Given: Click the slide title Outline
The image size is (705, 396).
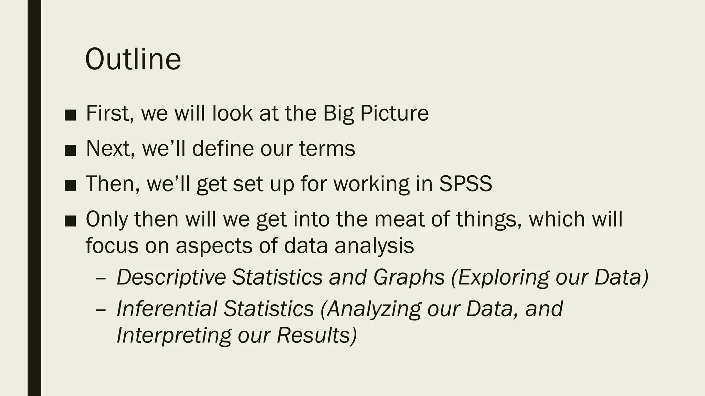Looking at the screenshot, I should click(x=133, y=59).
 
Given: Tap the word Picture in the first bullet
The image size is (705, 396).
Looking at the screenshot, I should click(x=394, y=113).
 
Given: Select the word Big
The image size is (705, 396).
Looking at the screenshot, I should click(x=338, y=114).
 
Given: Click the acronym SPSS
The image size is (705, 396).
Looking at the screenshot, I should click(x=465, y=184).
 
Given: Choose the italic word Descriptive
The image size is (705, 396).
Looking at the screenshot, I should click(x=171, y=277).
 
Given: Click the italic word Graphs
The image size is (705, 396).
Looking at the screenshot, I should click(x=409, y=277).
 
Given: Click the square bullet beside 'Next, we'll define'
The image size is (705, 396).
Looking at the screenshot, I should click(x=70, y=150).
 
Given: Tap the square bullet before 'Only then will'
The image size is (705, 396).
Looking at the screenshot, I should click(x=70, y=221).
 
